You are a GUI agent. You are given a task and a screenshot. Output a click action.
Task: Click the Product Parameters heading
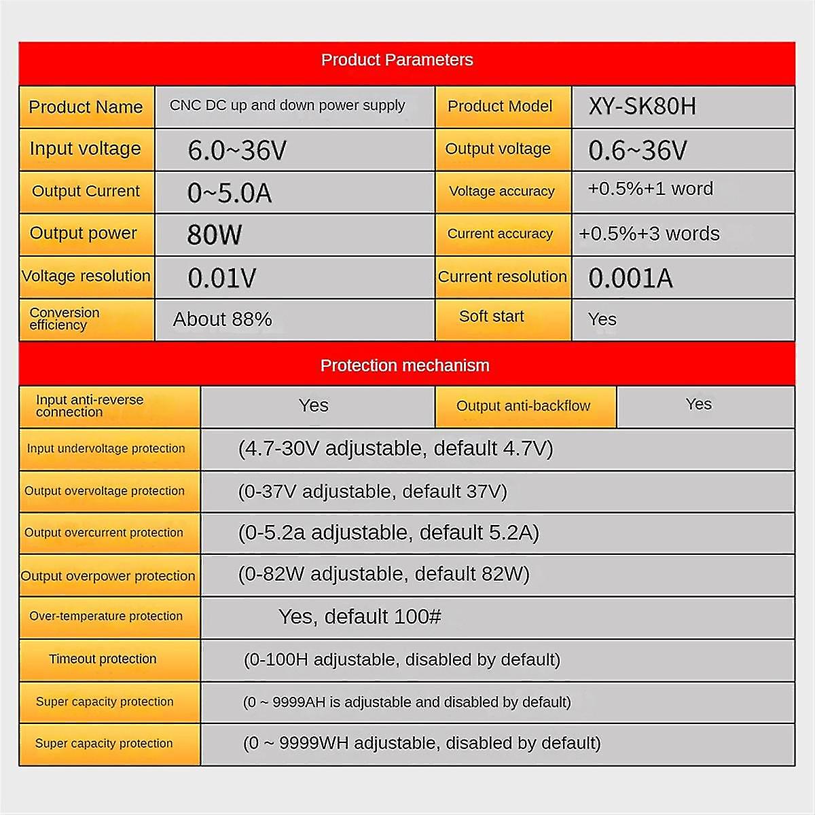[397, 60]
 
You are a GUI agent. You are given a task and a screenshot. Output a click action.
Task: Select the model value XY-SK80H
[642, 107]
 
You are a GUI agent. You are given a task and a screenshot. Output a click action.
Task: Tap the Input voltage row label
[86, 149]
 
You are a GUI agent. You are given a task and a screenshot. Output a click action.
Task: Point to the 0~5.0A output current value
[230, 193]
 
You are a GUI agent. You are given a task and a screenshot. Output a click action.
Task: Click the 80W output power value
[215, 235]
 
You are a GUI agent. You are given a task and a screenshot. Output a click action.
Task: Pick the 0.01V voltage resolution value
[222, 278]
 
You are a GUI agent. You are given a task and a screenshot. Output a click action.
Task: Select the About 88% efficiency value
[222, 319]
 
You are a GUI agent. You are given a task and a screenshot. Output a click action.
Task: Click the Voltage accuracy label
[502, 192]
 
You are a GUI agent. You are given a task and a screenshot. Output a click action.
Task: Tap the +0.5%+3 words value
[649, 234]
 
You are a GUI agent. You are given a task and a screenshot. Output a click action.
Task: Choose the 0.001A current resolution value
[630, 278]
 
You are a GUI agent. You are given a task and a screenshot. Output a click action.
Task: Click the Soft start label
[492, 316]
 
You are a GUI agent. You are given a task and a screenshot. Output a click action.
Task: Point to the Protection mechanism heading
[405, 365]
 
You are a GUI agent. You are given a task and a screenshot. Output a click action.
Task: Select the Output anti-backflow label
[523, 406]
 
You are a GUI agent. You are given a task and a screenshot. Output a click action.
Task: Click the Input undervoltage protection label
[106, 448]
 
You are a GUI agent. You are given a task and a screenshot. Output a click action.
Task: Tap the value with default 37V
[373, 491]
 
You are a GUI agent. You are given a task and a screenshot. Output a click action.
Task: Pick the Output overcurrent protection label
[104, 532]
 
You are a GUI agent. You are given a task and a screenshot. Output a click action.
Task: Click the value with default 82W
[384, 574]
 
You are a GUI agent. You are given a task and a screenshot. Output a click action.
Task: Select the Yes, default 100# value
[360, 617]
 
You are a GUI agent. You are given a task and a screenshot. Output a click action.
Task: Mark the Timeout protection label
[103, 659]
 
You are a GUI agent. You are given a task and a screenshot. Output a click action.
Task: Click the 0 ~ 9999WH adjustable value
[422, 743]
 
